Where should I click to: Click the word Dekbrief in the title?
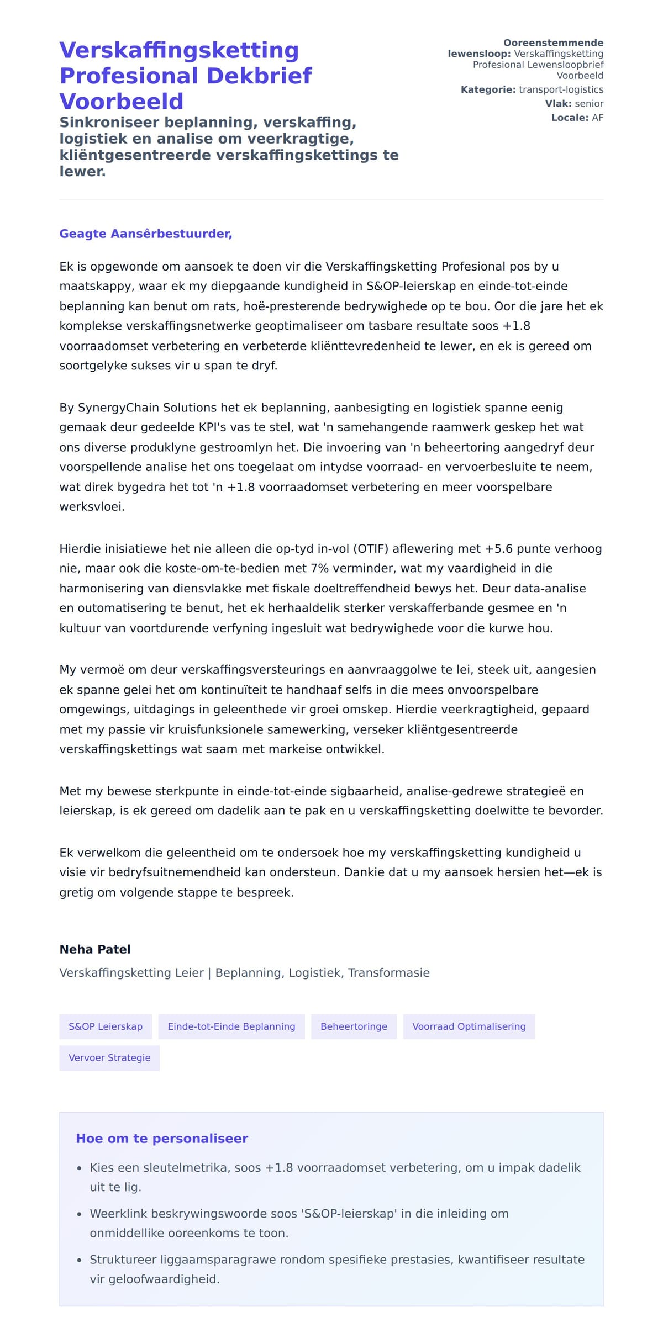point(259,76)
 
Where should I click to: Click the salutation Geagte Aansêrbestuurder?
point(145,234)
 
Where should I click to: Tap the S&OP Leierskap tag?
point(106,1026)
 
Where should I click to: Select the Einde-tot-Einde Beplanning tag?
point(231,1026)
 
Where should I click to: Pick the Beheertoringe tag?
point(354,1026)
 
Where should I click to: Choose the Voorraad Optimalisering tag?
point(469,1026)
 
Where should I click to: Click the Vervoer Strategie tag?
point(109,1057)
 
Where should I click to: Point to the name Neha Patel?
point(95,949)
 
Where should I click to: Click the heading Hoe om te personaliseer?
point(162,1139)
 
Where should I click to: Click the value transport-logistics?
point(561,89)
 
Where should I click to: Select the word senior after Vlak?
point(589,103)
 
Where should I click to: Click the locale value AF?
point(597,118)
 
